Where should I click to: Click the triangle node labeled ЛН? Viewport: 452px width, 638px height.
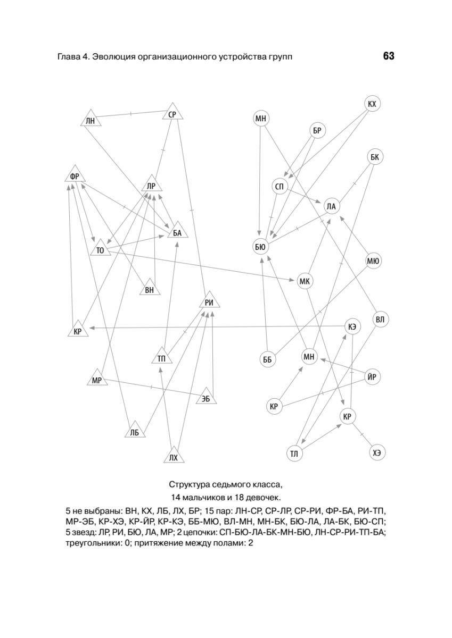click(90, 120)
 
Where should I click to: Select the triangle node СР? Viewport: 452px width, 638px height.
click(172, 113)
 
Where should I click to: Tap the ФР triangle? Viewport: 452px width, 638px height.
click(75, 176)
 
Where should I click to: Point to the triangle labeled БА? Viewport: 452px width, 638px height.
click(177, 231)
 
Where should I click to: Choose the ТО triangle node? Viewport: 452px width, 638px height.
click(100, 248)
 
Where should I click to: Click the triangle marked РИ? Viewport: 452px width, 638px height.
click(209, 302)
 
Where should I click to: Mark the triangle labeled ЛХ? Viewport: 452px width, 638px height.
click(172, 456)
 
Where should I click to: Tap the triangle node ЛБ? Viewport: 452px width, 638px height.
click(134, 432)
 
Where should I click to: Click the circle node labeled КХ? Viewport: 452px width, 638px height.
click(372, 104)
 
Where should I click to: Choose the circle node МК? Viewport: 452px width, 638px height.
click(305, 281)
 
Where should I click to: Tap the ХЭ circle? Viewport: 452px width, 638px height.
click(377, 452)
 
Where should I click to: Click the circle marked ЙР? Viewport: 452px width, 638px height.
click(373, 377)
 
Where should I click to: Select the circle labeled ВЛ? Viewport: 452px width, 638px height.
click(380, 320)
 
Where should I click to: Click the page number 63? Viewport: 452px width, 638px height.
click(388, 56)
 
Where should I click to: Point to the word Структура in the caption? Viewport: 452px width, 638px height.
click(192, 484)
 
